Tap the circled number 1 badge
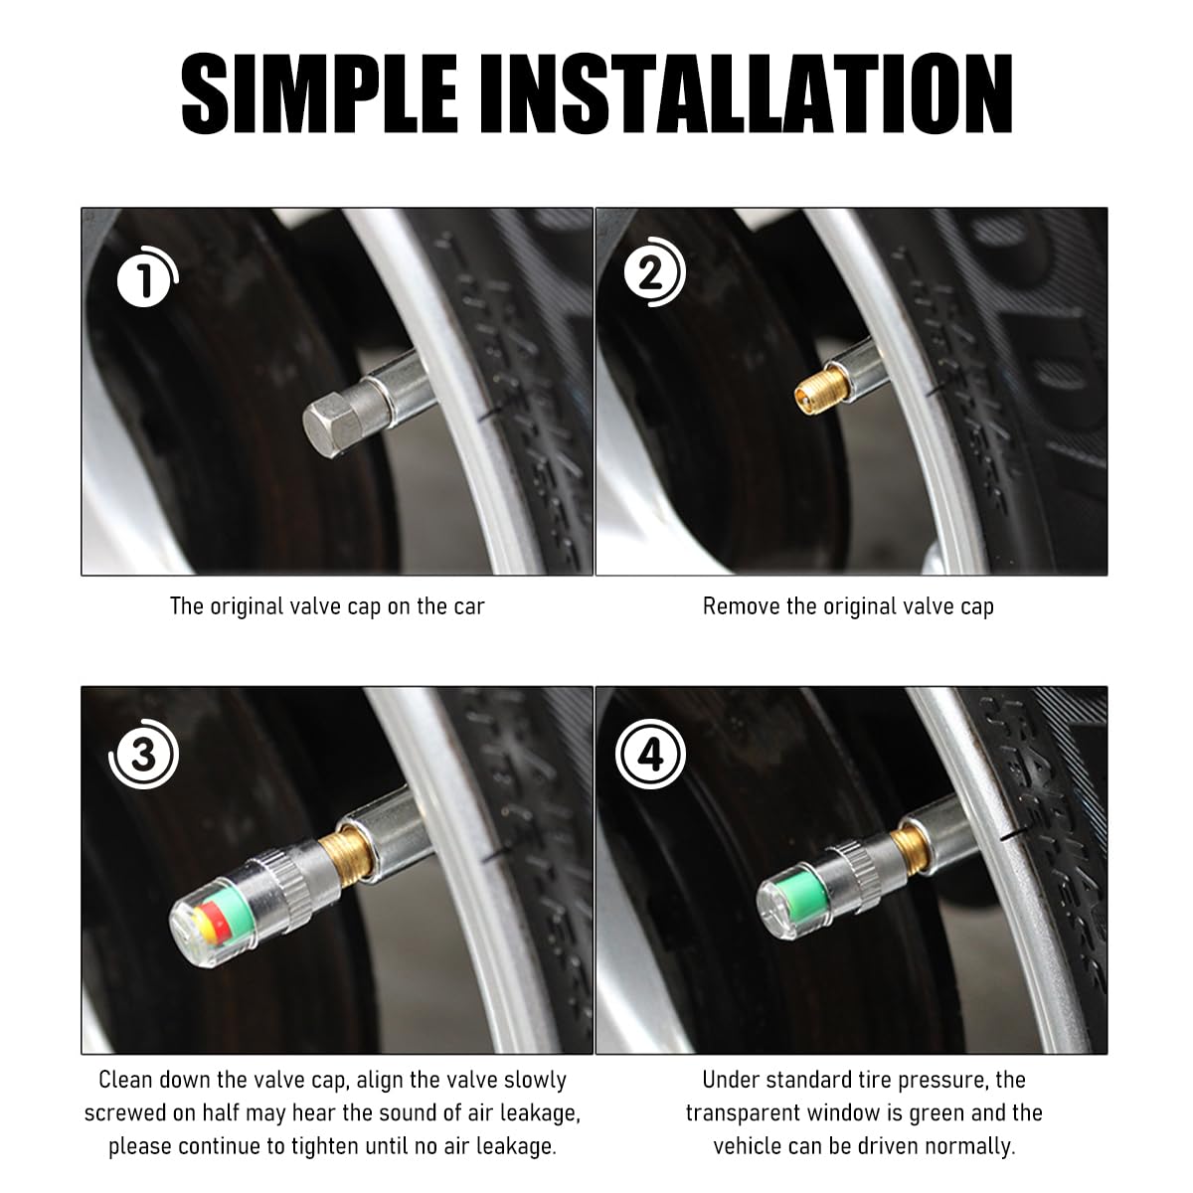point(147,276)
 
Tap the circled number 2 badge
point(654,272)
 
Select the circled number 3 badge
point(143,754)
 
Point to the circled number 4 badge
point(650,754)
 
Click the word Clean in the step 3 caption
point(127,1080)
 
